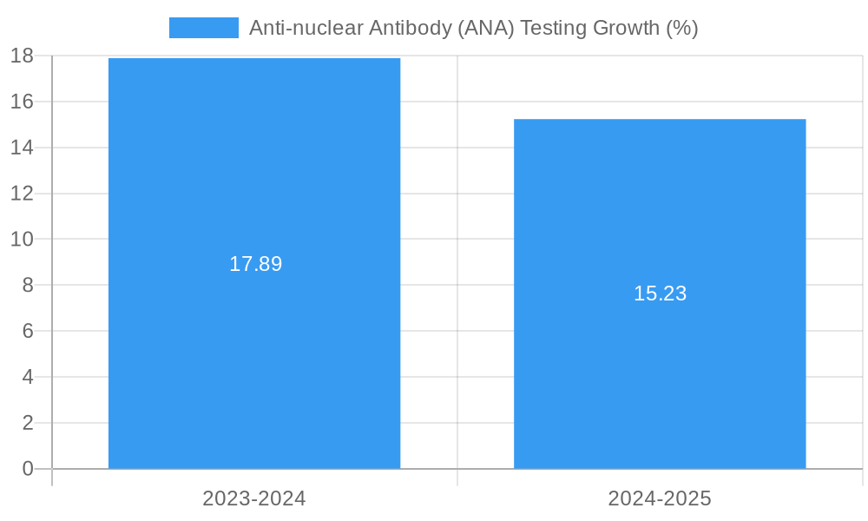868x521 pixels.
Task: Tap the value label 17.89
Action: (255, 264)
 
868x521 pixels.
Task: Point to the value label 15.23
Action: (660, 293)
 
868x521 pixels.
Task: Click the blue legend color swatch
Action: (203, 28)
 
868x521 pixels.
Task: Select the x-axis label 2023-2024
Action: (254, 498)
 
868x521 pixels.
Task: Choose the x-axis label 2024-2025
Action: (660, 498)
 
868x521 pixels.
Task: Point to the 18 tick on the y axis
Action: (22, 56)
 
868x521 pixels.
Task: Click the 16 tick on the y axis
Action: (22, 102)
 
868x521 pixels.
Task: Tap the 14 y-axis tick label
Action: (22, 148)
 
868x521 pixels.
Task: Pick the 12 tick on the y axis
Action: (22, 194)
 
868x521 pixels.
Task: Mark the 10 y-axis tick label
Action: (22, 239)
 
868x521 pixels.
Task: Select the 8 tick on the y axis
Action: (27, 285)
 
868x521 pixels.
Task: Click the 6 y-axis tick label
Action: (27, 331)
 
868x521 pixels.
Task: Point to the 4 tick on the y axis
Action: (27, 377)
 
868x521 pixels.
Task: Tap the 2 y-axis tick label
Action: (27, 423)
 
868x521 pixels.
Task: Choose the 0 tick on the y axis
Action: (27, 469)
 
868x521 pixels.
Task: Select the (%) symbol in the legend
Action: (681, 28)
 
